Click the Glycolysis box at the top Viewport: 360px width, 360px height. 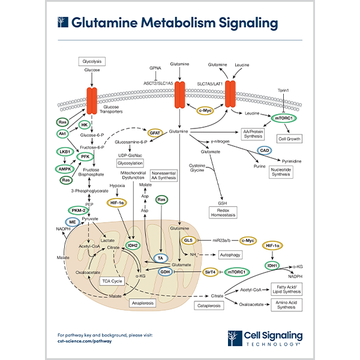tap(92, 61)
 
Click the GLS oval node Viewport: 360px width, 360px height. tap(188, 240)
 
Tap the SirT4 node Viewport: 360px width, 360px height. tap(210, 272)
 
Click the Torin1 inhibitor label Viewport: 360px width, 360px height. tap(284, 89)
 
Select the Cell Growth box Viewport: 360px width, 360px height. tap(289, 139)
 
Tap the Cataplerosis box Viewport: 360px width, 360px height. tap(209, 307)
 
